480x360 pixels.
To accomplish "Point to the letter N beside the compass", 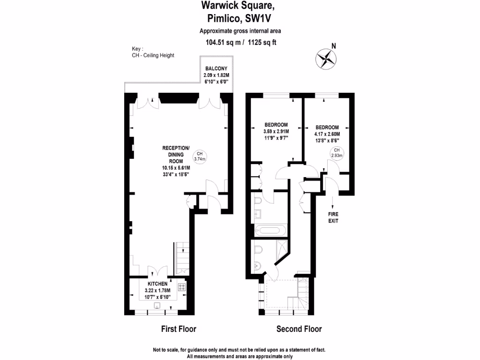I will click(x=334, y=46).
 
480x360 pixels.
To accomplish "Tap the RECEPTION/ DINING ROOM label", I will click(x=176, y=154).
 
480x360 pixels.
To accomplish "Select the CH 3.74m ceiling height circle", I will click(x=200, y=156).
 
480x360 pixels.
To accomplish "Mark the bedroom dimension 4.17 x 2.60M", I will click(x=327, y=134).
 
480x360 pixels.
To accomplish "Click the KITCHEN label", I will click(x=157, y=284).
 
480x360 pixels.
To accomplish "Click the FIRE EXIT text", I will click(x=333, y=217).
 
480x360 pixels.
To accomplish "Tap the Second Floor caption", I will click(x=299, y=329).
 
